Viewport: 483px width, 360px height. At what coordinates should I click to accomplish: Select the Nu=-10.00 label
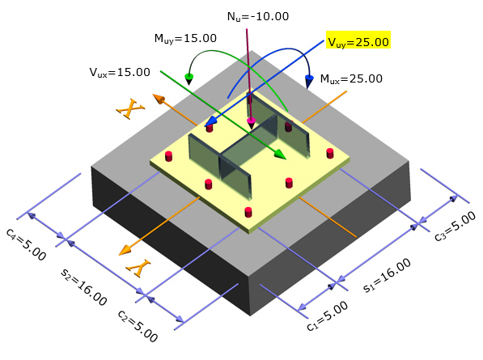258,16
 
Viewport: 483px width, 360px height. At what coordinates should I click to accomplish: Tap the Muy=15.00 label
185,39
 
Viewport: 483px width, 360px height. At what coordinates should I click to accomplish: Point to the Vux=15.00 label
120,72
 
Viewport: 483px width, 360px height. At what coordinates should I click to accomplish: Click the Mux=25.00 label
351,78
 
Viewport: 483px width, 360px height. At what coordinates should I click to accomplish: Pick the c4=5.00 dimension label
26,244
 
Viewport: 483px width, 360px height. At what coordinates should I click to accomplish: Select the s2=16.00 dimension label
84,286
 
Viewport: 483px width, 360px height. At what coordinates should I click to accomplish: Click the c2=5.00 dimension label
138,326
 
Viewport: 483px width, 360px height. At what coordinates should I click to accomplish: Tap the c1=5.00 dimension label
328,316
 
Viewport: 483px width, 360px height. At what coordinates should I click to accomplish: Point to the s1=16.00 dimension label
388,275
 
